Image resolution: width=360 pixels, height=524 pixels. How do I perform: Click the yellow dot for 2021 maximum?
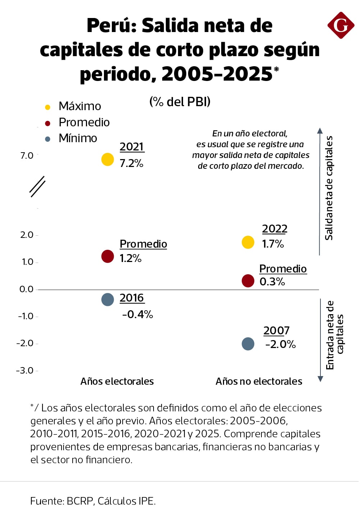(x=108, y=159)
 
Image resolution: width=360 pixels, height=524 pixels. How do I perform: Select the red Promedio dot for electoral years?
(x=108, y=257)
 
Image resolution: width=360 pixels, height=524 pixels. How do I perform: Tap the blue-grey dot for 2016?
(x=108, y=299)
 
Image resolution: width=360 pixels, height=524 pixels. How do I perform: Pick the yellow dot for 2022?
(x=248, y=243)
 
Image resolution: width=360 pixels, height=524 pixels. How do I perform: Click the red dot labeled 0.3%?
(x=248, y=281)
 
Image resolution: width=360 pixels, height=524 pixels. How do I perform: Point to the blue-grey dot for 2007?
(x=248, y=344)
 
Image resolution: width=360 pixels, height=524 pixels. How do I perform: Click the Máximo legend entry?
(x=79, y=106)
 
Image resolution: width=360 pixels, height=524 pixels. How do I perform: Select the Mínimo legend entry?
(x=78, y=138)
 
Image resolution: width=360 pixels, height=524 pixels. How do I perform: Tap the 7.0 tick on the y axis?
(x=27, y=156)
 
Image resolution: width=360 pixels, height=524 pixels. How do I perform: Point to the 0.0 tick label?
(x=26, y=289)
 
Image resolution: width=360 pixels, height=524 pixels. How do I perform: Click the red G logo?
(x=341, y=25)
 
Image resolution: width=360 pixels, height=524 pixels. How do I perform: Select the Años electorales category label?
(x=117, y=381)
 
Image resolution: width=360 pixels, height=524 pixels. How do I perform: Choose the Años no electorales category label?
(x=259, y=381)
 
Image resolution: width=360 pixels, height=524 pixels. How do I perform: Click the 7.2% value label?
(x=131, y=163)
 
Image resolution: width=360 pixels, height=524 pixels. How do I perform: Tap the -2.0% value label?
(x=281, y=344)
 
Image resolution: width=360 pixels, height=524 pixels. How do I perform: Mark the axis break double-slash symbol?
(x=37, y=186)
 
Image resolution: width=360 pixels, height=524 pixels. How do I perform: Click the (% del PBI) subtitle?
(x=180, y=102)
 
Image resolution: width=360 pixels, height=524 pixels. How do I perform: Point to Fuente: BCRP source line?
(x=93, y=501)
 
